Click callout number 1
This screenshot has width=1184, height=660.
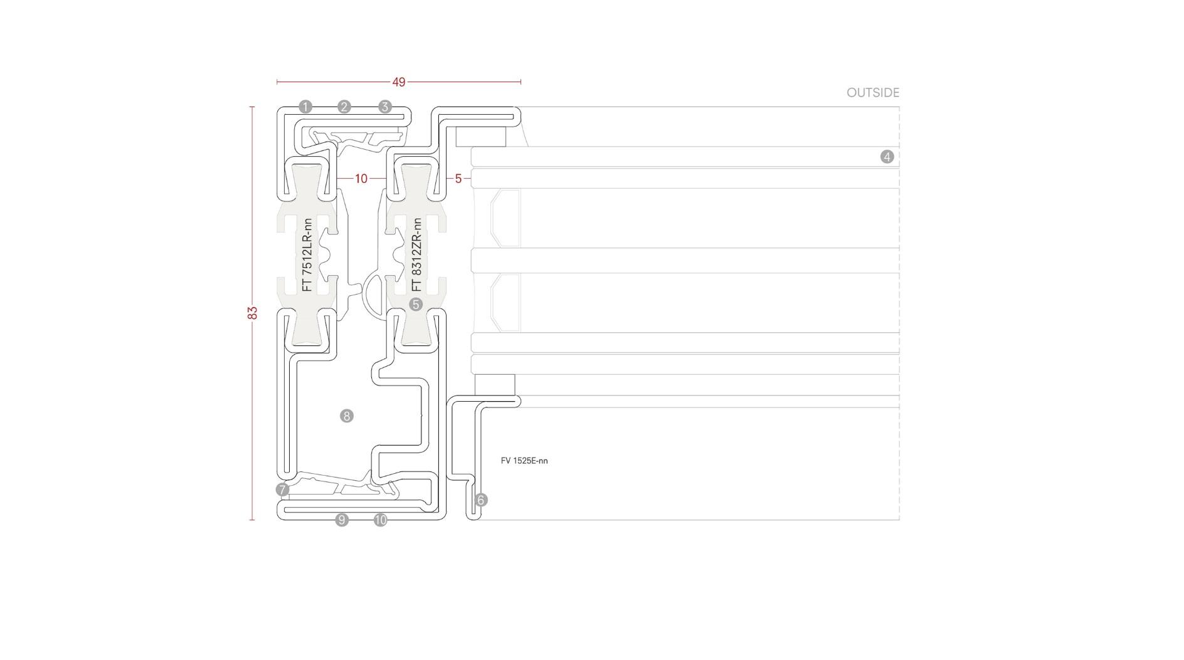point(305,107)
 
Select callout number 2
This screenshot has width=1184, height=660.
point(344,107)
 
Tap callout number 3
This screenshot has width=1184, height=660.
point(385,107)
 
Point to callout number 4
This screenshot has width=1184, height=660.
point(887,157)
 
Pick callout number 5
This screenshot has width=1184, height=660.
point(416,305)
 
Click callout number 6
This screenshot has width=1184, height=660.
point(481,500)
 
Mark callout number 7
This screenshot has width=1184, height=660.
point(283,490)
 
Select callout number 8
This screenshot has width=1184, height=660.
point(347,416)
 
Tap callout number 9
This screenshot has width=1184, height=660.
point(342,520)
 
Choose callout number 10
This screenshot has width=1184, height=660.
point(381,520)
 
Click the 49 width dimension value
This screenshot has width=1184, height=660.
point(399,82)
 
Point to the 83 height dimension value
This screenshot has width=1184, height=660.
point(253,313)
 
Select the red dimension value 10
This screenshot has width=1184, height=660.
point(361,179)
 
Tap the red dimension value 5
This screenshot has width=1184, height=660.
point(458,179)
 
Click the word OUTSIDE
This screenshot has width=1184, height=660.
point(873,93)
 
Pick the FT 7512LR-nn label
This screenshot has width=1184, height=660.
point(307,255)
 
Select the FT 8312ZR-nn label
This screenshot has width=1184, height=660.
point(416,255)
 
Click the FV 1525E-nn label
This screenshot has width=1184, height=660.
point(524,461)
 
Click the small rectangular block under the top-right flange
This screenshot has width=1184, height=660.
point(480,137)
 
